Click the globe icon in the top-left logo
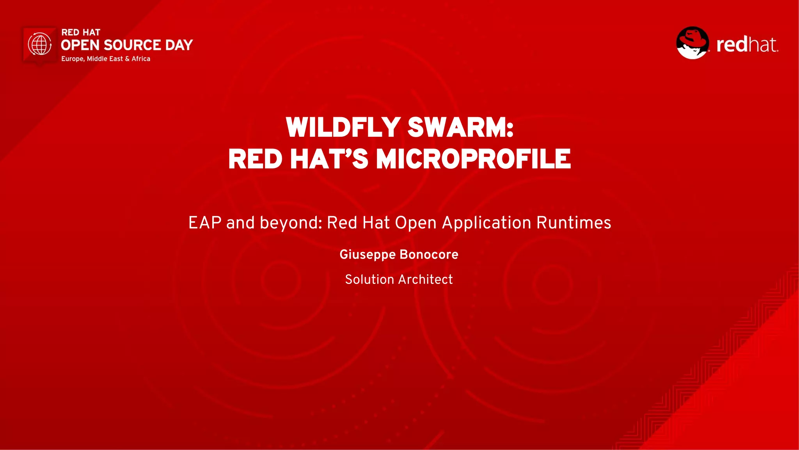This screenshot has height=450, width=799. [39, 44]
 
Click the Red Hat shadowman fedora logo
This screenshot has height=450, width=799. [692, 43]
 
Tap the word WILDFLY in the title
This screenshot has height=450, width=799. [343, 127]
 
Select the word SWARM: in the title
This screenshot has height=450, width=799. [460, 127]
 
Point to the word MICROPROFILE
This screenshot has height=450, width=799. [473, 159]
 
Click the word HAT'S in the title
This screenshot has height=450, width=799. [329, 159]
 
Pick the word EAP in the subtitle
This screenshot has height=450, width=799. [205, 223]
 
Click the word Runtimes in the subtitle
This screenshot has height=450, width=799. [574, 223]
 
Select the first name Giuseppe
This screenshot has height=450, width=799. [367, 255]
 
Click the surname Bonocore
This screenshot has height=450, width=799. [429, 254]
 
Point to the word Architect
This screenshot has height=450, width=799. [425, 279]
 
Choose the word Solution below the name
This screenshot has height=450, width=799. [369, 279]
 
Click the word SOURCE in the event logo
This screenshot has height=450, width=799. [132, 45]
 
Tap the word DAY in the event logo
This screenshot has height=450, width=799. [179, 45]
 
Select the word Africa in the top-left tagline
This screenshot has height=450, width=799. [141, 59]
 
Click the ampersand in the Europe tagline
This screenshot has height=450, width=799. [127, 59]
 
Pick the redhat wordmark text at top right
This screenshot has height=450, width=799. [747, 45]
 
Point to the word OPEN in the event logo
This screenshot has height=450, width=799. [80, 45]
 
